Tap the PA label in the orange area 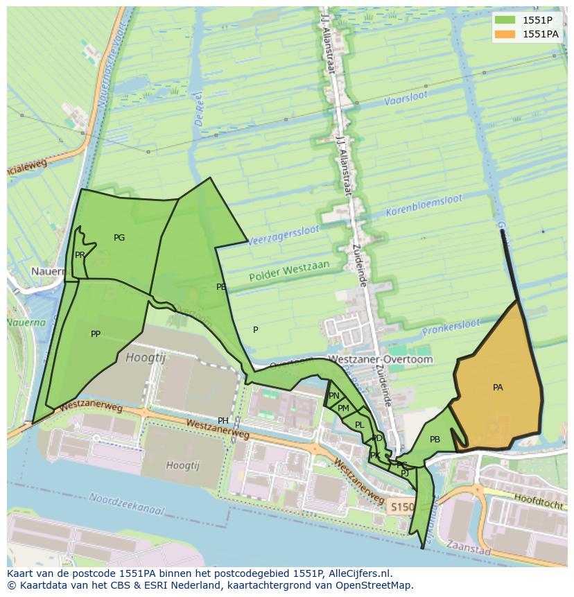pos(498,388)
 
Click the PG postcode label pos(119,238)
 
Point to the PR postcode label pos(80,255)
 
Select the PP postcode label pos(96,334)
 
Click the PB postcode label pos(435,440)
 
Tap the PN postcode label pos(334,396)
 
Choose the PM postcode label pos(343,408)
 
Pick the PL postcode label pos(359,425)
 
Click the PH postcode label pos(223,421)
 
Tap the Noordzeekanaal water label pos(127,504)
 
